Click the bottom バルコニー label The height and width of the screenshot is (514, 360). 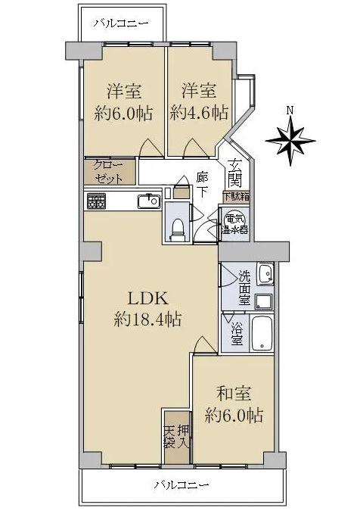(182, 484)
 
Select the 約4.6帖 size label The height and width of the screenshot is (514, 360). (199, 114)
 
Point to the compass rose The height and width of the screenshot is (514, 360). (290, 140)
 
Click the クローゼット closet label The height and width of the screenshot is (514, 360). (110, 171)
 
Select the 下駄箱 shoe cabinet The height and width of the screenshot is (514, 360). (236, 196)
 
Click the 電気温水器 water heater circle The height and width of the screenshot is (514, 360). (234, 224)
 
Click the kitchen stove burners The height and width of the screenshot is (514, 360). (96, 201)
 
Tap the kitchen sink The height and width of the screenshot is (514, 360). (147, 201)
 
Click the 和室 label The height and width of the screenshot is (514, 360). (233, 394)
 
